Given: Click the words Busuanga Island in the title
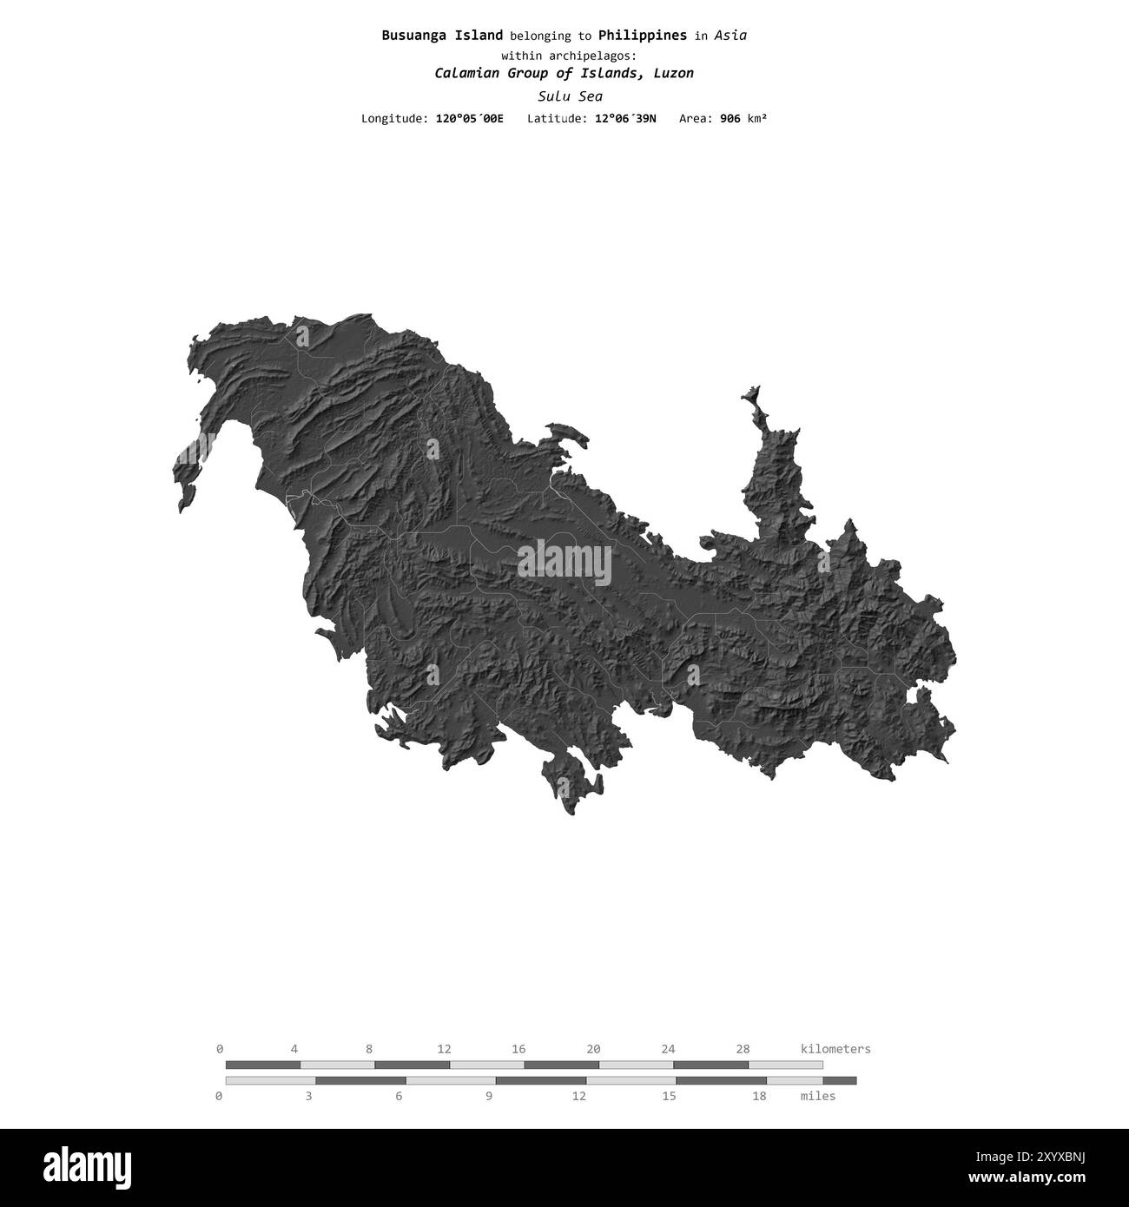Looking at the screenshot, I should (442, 36).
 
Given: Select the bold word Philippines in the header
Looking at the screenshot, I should (643, 36).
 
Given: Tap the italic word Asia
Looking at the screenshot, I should (730, 36).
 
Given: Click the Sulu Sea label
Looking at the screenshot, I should (570, 96).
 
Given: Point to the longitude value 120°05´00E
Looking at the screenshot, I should (468, 118).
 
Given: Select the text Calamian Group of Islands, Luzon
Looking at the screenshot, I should (564, 73).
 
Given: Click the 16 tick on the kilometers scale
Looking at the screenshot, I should (518, 1049).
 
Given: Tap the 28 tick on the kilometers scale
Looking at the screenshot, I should (743, 1049).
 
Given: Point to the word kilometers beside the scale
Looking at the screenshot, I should (835, 1049).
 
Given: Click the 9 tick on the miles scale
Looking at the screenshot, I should (489, 1096).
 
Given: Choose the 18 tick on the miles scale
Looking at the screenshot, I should (759, 1096).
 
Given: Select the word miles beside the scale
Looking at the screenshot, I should (817, 1096).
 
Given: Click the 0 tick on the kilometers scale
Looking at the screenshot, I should (220, 1049).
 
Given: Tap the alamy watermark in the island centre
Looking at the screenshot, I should (564, 562).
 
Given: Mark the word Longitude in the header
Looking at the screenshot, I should (393, 118).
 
